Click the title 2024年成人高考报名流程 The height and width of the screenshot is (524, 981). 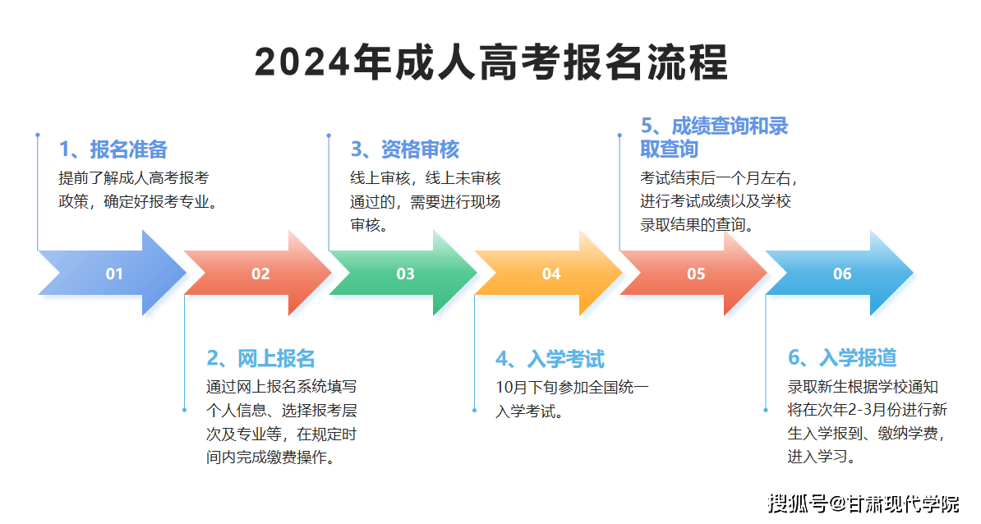[x=491, y=62]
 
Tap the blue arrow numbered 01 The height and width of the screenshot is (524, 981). [x=113, y=273]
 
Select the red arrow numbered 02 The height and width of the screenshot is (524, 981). [x=258, y=273]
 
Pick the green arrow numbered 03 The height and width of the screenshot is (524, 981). [x=403, y=273]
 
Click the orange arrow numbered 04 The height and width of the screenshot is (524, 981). [x=549, y=273]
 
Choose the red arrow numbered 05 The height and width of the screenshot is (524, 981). [x=693, y=273]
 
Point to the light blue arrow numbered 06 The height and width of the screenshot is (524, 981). [x=840, y=273]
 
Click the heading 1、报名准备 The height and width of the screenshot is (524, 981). [x=113, y=149]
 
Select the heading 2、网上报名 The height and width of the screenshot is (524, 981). [x=261, y=358]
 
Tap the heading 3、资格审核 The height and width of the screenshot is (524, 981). [x=405, y=149]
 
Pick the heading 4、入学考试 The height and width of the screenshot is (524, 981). [x=550, y=359]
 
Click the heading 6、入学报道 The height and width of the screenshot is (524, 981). [x=843, y=357]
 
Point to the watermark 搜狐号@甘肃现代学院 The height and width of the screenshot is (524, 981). [x=864, y=503]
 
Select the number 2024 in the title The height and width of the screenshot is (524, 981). [x=302, y=62]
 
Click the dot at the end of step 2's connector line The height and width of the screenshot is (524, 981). [x=184, y=410]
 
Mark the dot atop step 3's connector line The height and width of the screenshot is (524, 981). [x=329, y=135]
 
